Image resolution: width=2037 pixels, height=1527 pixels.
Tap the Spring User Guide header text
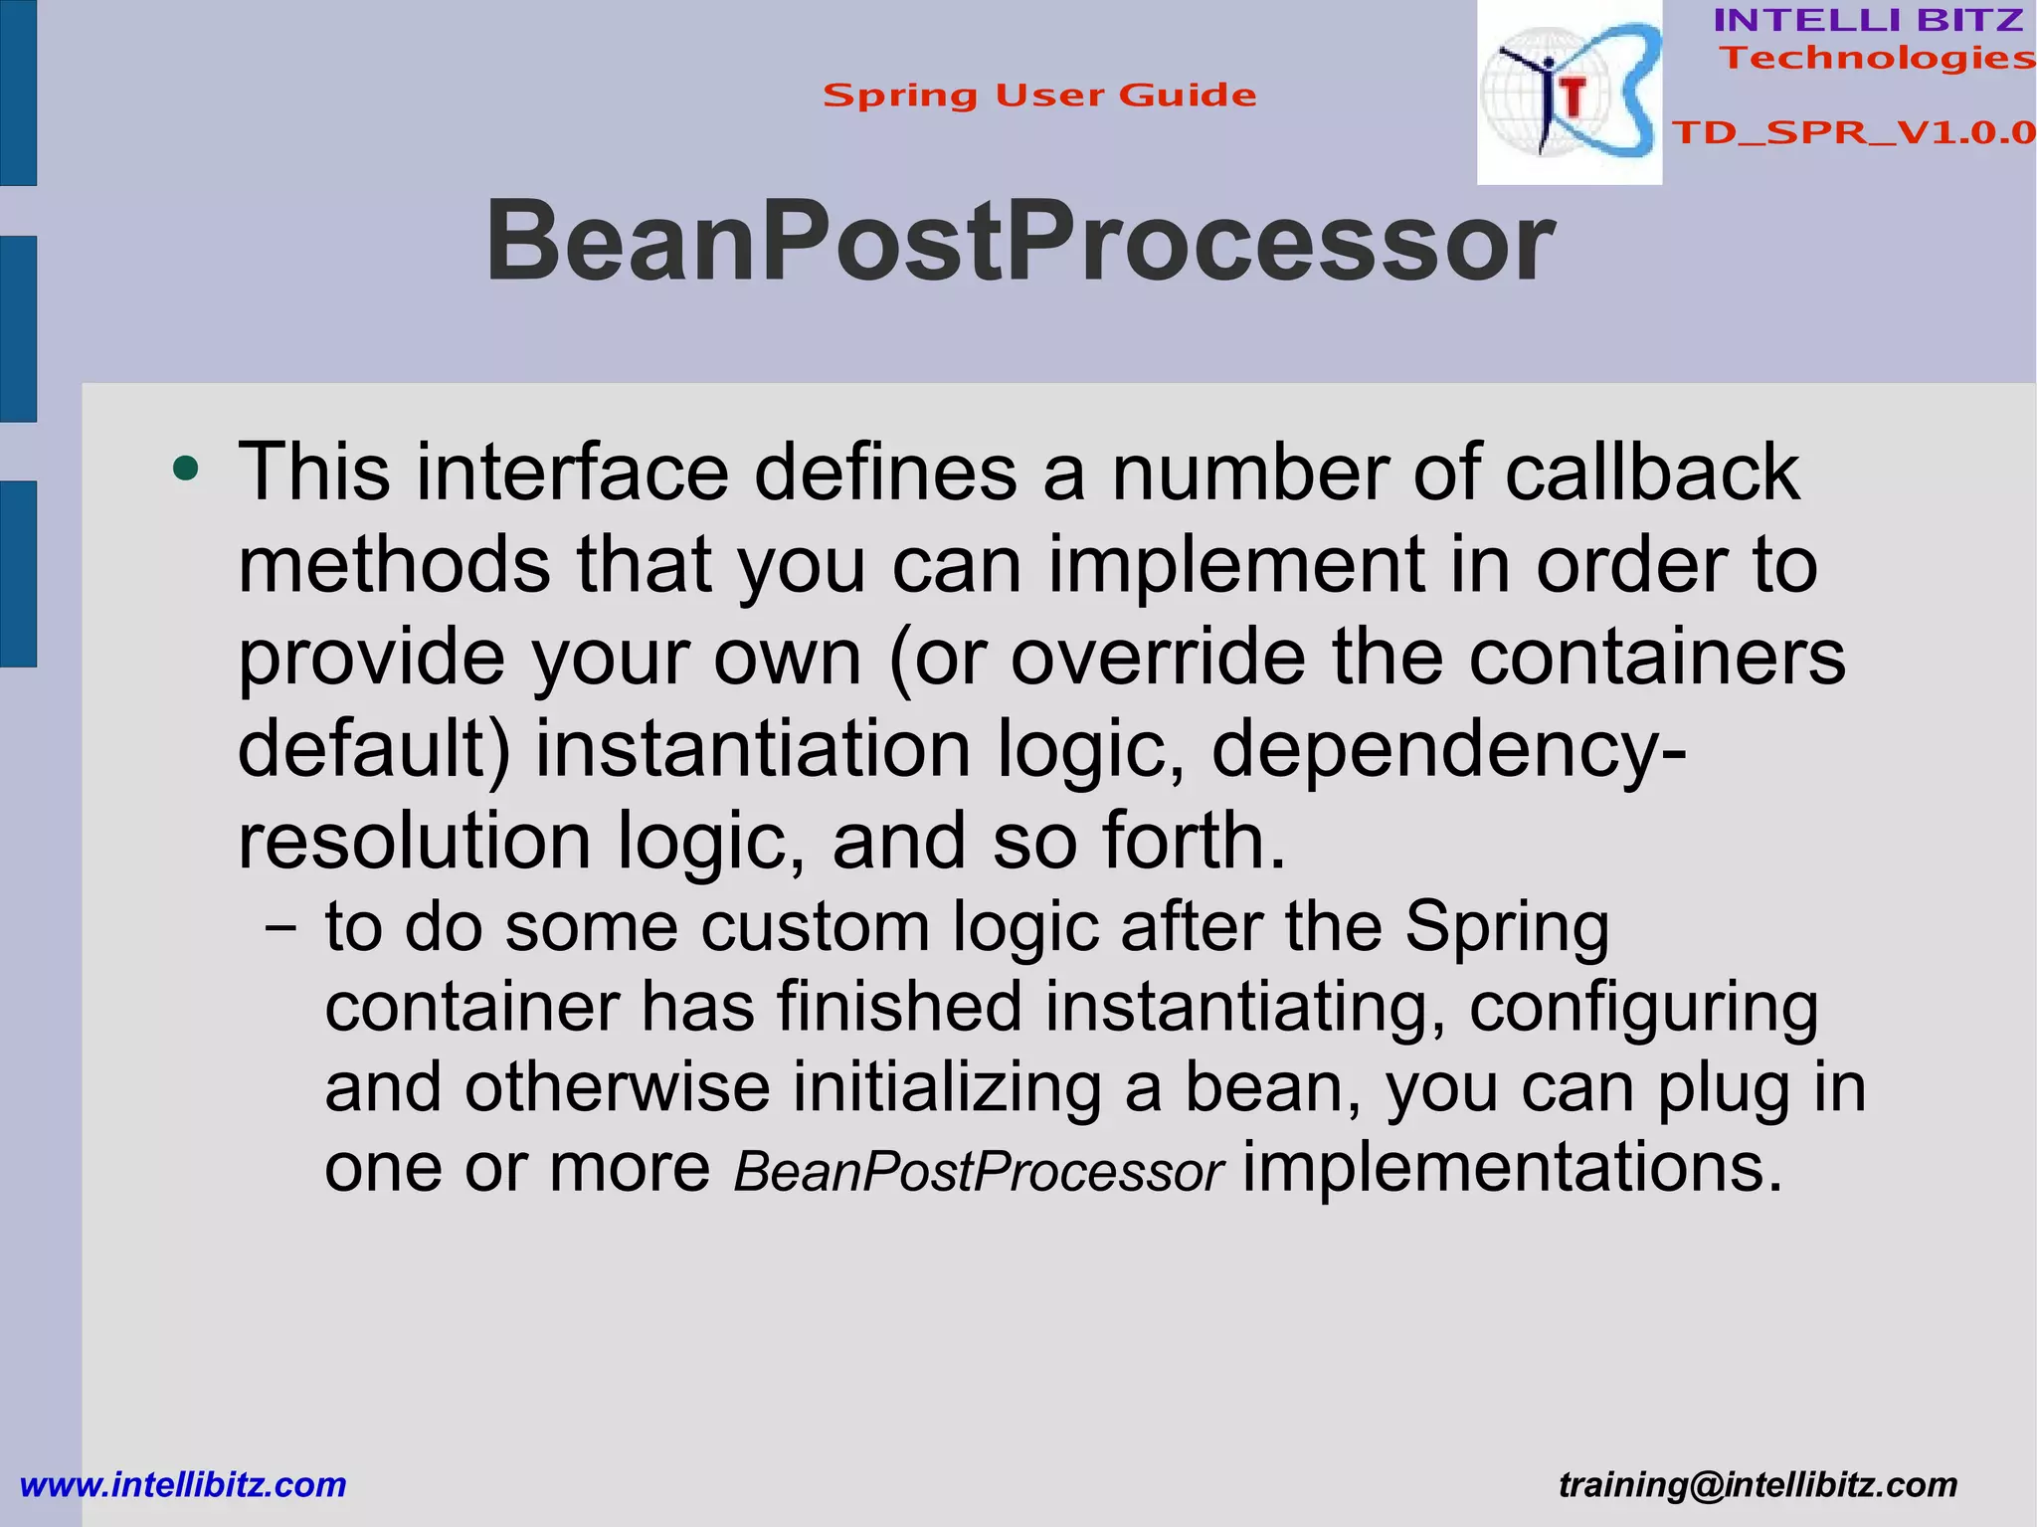point(1039,95)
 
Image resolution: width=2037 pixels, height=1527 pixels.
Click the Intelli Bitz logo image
point(1569,93)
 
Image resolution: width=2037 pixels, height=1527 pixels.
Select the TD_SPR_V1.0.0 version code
point(1853,132)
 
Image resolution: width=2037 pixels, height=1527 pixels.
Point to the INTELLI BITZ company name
point(1868,20)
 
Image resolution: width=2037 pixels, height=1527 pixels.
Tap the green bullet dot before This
point(185,468)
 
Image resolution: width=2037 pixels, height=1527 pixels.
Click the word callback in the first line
point(1651,472)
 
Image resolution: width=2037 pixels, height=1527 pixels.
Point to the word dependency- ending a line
point(1448,750)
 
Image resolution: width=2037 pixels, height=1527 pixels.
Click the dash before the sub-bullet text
point(281,927)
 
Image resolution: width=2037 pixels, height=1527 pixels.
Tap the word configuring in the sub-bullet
point(1643,1007)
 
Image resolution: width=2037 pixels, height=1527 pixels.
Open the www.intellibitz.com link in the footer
point(183,1484)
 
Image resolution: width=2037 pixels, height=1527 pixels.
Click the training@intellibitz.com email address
point(1758,1484)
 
